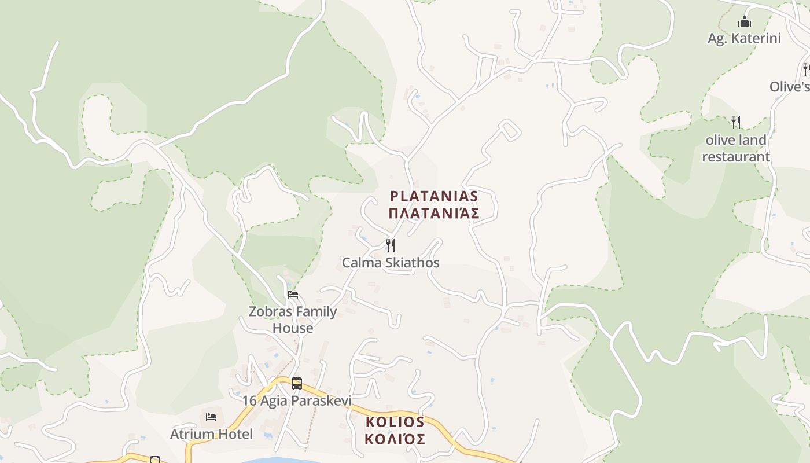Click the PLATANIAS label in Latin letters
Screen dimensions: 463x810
tap(434, 196)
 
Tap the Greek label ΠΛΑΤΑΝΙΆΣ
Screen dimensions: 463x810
tap(434, 214)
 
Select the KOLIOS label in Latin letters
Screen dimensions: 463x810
tap(395, 422)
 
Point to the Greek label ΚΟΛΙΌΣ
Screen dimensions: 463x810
tap(395, 439)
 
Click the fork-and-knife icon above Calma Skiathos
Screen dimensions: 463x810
tap(391, 245)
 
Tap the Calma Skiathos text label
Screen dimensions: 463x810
tap(391, 263)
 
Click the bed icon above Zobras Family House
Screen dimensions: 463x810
tap(293, 295)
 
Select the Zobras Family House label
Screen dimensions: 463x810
tap(293, 319)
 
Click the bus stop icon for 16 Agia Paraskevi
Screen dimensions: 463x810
tap(297, 383)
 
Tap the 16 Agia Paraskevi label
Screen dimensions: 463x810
tap(297, 400)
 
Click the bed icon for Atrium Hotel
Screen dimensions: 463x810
tap(211, 417)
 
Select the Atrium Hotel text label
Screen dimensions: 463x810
tap(211, 434)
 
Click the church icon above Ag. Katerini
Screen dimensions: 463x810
tap(745, 22)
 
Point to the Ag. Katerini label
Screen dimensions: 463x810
tap(745, 39)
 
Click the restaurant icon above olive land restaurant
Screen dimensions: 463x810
tap(736, 122)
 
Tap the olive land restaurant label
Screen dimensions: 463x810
tap(736, 148)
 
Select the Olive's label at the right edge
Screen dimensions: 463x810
tap(789, 87)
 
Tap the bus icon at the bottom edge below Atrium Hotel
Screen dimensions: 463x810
tap(154, 460)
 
